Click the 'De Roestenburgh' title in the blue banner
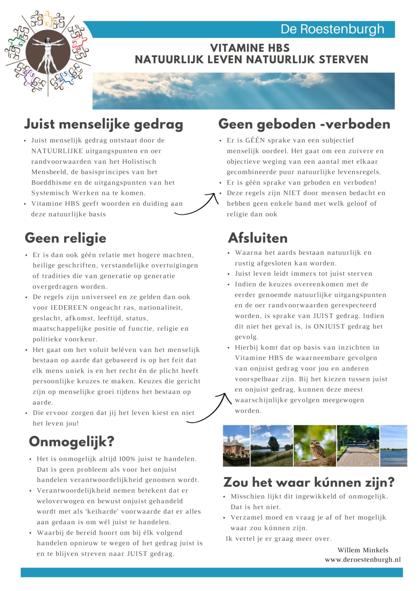coord(332,29)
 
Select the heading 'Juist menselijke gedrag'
coord(104,124)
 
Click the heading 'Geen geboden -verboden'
coord(304,124)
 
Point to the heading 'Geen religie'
coord(66,238)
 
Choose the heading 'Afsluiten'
coord(258,238)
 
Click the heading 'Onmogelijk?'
coord(71,442)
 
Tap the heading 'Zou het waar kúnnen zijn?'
coord(309,482)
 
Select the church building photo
coord(236,446)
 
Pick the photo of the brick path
coord(358,446)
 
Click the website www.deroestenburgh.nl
coord(363,560)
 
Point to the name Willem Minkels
coord(363,550)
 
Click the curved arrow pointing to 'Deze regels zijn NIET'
coord(197,205)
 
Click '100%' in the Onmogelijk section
coord(127,459)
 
